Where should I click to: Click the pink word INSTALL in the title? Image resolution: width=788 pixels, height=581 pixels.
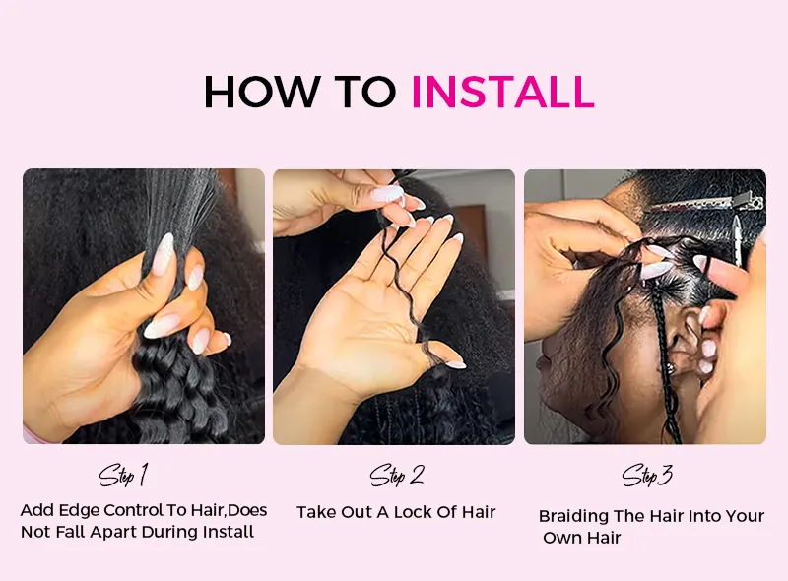pos(503,92)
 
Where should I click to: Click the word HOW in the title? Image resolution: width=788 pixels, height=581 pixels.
pos(262,92)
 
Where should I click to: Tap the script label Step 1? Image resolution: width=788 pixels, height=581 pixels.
pos(124,475)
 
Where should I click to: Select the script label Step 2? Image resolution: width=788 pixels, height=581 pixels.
pos(397,475)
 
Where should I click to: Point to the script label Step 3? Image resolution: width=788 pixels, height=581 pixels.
pos(647,475)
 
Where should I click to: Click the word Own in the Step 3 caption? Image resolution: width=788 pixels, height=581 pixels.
pos(560,538)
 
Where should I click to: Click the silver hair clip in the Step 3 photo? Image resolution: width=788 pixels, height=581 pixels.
pos(708,204)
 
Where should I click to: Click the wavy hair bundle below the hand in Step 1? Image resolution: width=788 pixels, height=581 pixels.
pos(176,392)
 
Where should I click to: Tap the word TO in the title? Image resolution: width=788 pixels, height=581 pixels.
pos(365,92)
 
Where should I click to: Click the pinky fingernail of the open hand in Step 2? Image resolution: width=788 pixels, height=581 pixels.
pos(455,364)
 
